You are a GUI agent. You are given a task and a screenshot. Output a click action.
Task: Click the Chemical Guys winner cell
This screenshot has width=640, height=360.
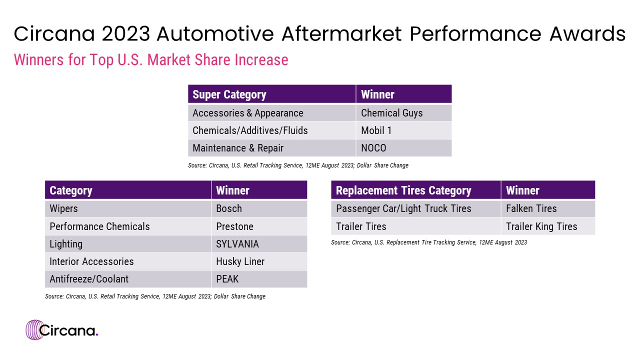pyautogui.click(x=403, y=113)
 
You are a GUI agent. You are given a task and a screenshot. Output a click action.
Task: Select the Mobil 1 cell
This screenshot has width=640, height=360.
pyautogui.click(x=403, y=130)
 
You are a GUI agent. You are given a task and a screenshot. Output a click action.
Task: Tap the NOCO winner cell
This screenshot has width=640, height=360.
pyautogui.click(x=403, y=148)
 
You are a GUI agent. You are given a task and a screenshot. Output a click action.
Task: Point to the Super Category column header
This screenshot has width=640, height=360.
pyautogui.click(x=271, y=94)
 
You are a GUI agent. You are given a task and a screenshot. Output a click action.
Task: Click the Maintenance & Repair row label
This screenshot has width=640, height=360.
pyautogui.click(x=271, y=148)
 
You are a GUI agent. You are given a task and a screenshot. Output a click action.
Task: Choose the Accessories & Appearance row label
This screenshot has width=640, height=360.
pyautogui.click(x=271, y=113)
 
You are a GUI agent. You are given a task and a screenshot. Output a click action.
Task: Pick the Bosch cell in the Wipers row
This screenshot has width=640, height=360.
pyautogui.click(x=259, y=209)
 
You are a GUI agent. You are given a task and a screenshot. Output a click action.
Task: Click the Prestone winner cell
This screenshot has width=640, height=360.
pyautogui.click(x=259, y=226)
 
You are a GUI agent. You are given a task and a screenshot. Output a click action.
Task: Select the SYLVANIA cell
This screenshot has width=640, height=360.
pyautogui.click(x=259, y=244)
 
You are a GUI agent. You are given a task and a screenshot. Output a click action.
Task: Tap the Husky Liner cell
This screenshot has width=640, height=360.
pyautogui.click(x=259, y=261)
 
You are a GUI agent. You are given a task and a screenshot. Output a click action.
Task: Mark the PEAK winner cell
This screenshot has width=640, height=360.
pyautogui.click(x=259, y=279)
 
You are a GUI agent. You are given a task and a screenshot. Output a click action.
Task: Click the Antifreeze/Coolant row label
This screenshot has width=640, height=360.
pyautogui.click(x=128, y=279)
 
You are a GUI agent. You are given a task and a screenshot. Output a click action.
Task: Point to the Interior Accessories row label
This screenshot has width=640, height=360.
pyautogui.click(x=128, y=261)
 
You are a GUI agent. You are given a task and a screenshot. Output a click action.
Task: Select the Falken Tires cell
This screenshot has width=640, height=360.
pyautogui.click(x=548, y=209)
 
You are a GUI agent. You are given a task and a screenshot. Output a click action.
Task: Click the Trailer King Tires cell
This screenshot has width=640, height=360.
pyautogui.click(x=548, y=226)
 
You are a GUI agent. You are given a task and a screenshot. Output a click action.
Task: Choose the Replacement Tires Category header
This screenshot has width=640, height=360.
pyautogui.click(x=415, y=190)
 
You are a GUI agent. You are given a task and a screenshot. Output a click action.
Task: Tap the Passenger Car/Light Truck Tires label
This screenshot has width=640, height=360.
pyautogui.click(x=415, y=209)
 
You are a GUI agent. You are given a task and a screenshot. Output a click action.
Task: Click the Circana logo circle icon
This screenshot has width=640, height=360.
pyautogui.click(x=35, y=330)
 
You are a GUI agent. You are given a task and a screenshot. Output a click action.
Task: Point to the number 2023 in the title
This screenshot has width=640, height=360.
pyautogui.click(x=125, y=34)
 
